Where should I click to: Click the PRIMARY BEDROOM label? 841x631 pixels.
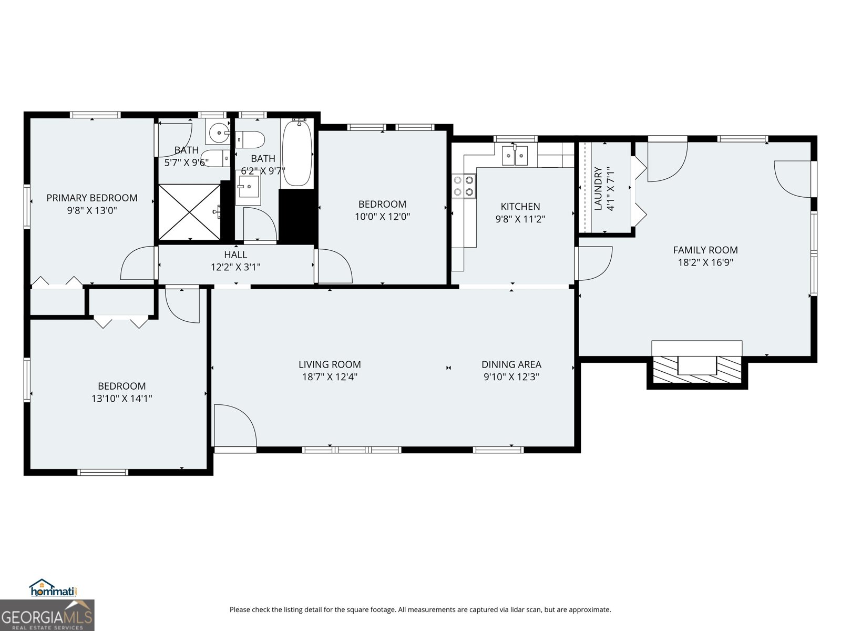click(x=92, y=198)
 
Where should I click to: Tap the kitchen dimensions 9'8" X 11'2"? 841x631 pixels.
click(x=520, y=219)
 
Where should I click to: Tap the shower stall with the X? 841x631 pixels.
click(x=189, y=212)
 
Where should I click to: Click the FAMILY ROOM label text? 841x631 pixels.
click(x=705, y=250)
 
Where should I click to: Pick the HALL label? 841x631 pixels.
click(x=235, y=255)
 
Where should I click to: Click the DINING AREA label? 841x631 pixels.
click(x=511, y=364)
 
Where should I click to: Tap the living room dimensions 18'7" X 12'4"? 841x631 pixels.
click(x=330, y=377)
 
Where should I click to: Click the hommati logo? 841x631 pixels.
click(x=52, y=588)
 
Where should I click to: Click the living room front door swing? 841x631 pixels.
click(x=234, y=426)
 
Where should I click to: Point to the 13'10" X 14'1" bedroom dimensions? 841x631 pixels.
click(x=121, y=399)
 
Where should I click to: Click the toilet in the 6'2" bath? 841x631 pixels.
click(x=251, y=140)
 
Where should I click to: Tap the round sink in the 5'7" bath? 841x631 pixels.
click(x=217, y=133)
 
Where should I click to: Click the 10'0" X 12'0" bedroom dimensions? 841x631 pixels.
click(x=382, y=217)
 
